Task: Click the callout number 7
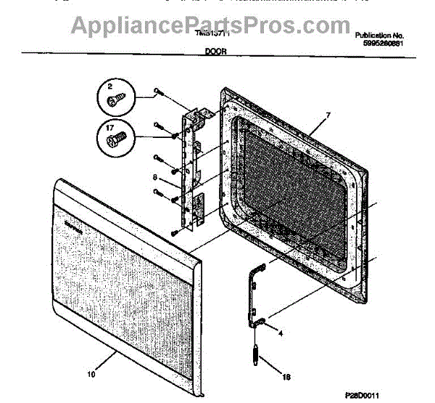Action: click(328, 115)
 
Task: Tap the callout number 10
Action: click(91, 375)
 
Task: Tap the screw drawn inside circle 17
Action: click(115, 138)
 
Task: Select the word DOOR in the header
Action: click(214, 53)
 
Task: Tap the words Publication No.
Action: click(380, 35)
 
